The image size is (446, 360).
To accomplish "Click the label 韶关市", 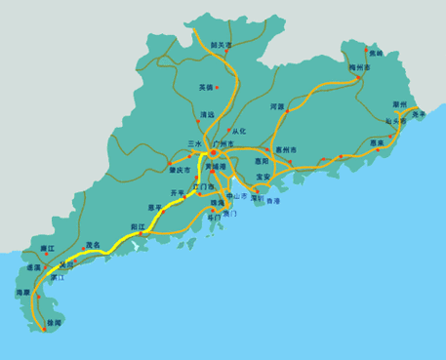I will coord(221,44).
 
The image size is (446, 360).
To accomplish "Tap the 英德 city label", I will coord(206,87).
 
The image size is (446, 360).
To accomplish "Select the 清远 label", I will coord(207,114).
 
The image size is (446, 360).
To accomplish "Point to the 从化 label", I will coord(240,131).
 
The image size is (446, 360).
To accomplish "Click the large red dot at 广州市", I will coord(213,151).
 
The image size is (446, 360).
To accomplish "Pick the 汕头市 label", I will coord(395,122).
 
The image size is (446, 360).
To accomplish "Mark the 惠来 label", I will coord(378,142).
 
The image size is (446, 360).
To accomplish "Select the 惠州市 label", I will coord(286,150).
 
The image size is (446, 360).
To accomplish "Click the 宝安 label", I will coord(264,178).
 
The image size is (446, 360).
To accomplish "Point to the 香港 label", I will coord(272,201).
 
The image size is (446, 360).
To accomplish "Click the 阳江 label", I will coord(138,226).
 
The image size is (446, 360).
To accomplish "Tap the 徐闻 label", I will coord(54,322).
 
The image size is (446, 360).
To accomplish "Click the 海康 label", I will coord(23,292).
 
